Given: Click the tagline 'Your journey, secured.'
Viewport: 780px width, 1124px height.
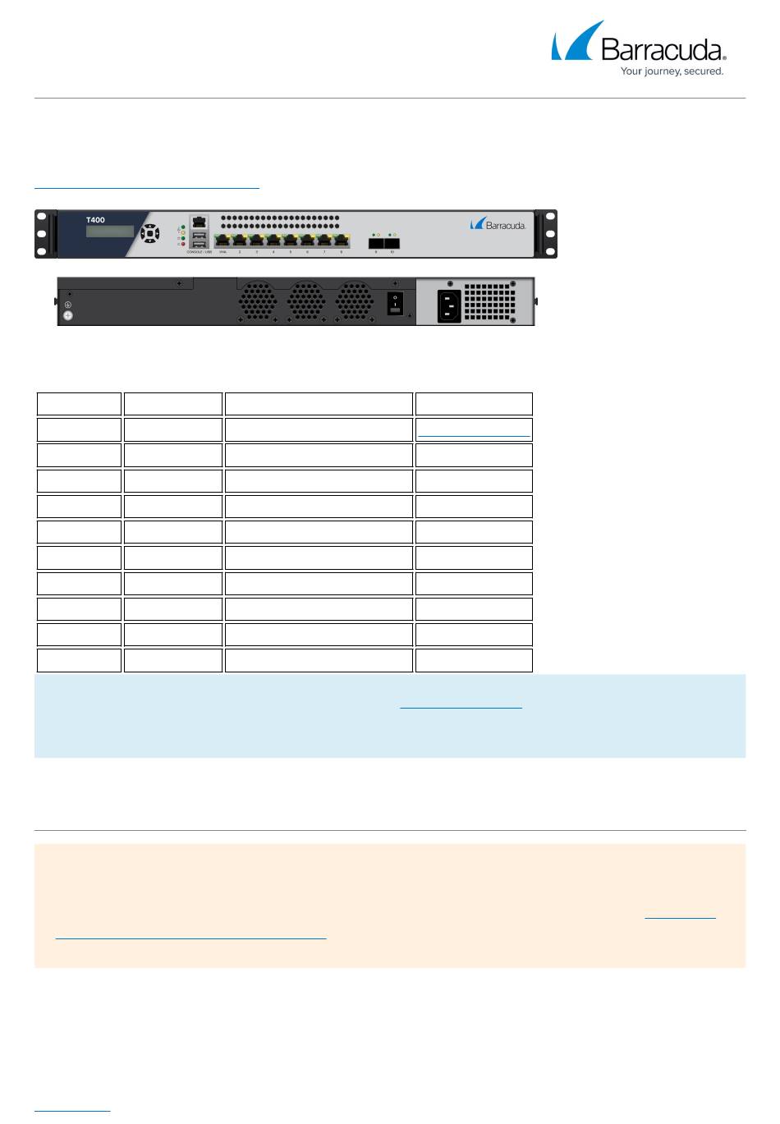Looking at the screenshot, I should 672,71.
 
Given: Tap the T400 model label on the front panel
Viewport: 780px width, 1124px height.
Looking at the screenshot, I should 95,220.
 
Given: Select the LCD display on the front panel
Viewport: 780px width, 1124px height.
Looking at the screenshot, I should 109,232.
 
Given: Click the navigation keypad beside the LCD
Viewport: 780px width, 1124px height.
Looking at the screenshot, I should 149,233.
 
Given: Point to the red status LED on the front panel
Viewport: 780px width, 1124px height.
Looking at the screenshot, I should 181,245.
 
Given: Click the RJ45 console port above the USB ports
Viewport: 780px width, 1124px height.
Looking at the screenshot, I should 199,223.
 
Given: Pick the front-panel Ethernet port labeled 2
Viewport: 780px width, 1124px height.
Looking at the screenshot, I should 239,241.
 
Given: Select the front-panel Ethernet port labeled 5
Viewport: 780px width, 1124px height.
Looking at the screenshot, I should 290,241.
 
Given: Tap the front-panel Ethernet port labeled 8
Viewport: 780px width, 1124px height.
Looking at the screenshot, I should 341,241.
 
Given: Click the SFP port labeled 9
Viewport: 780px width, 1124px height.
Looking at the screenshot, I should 375,242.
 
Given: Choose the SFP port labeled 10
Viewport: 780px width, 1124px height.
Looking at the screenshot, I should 392,242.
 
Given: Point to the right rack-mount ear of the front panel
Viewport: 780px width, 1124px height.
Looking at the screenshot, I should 546,234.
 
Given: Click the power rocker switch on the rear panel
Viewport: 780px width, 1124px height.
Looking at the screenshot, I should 395,304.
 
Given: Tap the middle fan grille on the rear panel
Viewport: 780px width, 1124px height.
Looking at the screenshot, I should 305,300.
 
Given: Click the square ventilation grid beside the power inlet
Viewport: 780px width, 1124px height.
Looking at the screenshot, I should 489,302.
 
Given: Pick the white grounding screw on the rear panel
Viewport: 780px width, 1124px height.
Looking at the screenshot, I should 68,315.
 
